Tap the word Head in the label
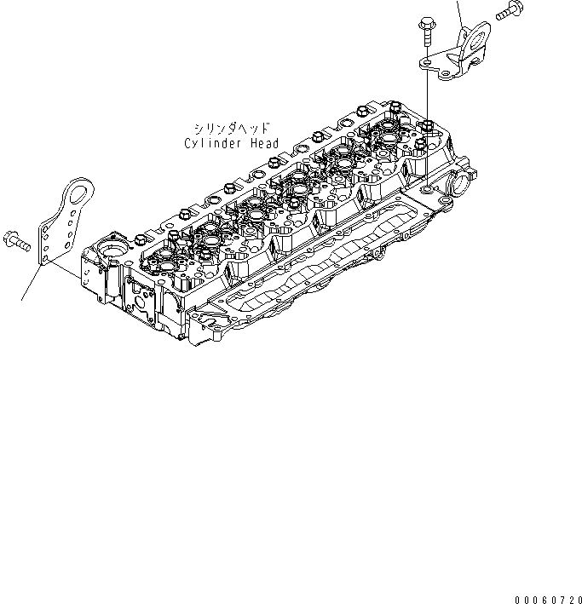pos(263,143)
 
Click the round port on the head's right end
pos(456,181)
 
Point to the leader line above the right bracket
pos(460,12)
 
